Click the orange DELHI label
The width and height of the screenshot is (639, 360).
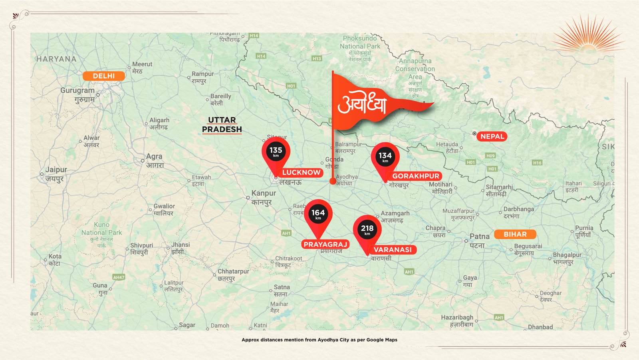click(103, 76)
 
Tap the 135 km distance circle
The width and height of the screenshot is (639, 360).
click(276, 151)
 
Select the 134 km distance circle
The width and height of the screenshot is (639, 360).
click(385, 157)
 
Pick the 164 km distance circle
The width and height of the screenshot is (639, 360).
click(318, 214)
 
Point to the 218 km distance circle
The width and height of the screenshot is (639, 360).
click(367, 229)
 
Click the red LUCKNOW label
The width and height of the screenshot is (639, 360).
click(301, 173)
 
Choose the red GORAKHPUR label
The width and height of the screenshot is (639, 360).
click(415, 176)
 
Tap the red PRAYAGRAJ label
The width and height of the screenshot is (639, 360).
click(325, 244)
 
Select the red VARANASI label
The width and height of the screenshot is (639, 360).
click(392, 250)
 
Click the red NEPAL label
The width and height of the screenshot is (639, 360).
click(492, 136)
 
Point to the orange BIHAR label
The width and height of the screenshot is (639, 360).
click(515, 234)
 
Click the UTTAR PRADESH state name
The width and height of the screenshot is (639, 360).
click(222, 125)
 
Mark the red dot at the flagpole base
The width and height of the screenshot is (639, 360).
click(333, 181)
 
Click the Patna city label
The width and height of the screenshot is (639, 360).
click(479, 237)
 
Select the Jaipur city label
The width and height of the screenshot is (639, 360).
click(56, 170)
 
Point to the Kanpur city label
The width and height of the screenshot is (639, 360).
click(263, 193)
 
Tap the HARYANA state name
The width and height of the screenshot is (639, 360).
click(56, 59)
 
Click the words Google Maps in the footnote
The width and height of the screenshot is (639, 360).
click(382, 340)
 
